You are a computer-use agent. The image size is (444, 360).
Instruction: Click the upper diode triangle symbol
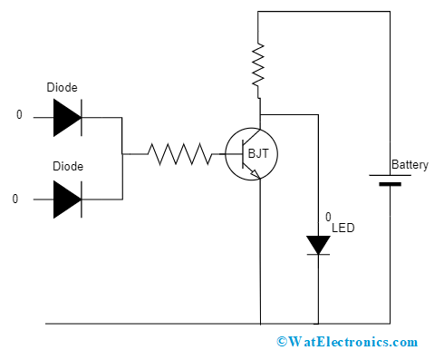pyautogui.click(x=67, y=117)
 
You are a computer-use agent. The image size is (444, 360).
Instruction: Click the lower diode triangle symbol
pyautogui.click(x=67, y=199)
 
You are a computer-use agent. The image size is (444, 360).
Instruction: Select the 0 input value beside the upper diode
pyautogui.click(x=18, y=116)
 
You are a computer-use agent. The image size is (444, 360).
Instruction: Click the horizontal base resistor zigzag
pyautogui.click(x=180, y=154)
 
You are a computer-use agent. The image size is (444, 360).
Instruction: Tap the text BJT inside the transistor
pyautogui.click(x=258, y=154)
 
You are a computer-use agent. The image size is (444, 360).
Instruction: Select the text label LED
pyautogui.click(x=343, y=228)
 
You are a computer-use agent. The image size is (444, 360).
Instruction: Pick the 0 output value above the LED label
pyautogui.click(x=328, y=217)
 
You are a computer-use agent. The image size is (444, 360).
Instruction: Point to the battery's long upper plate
pyautogui.click(x=390, y=175)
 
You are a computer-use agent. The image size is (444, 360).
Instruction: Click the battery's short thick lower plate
pyautogui.click(x=390, y=184)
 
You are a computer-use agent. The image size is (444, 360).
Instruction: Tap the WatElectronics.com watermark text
pyautogui.click(x=347, y=342)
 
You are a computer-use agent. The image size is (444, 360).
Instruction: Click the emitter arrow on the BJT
pyautogui.click(x=257, y=175)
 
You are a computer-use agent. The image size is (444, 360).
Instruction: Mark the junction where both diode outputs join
pyautogui.click(x=122, y=154)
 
